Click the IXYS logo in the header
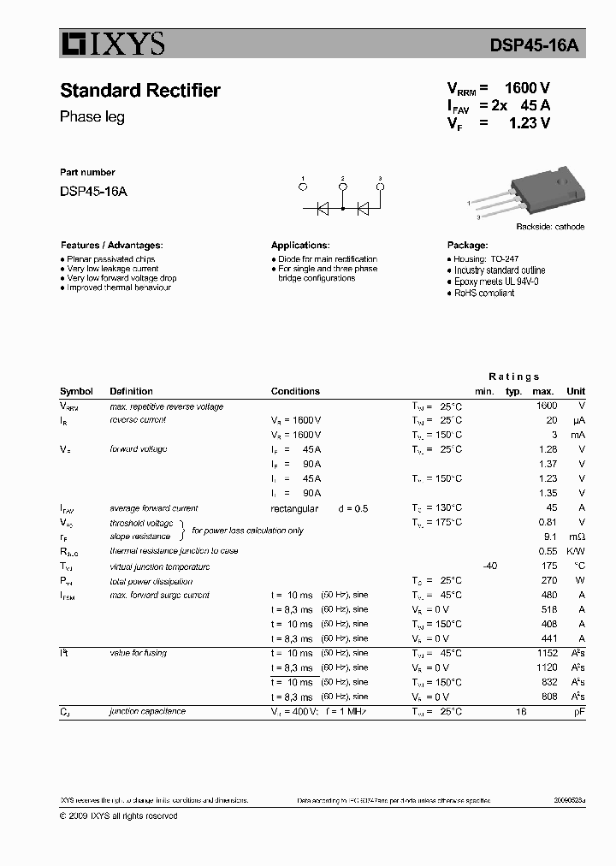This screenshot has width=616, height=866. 112,44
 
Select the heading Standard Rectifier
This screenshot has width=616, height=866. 140,91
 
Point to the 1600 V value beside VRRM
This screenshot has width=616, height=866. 527,88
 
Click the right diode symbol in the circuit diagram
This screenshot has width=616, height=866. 363,207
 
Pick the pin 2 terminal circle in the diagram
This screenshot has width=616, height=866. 343,187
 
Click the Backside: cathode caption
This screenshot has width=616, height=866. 549,227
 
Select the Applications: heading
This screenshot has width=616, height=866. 300,245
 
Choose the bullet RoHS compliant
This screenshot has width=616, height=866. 483,293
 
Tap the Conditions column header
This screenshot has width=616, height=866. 295,391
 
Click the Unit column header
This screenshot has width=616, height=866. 576,391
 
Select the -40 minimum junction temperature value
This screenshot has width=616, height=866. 489,566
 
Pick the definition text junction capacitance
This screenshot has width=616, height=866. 147,711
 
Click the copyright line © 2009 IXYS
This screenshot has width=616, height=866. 118,816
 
